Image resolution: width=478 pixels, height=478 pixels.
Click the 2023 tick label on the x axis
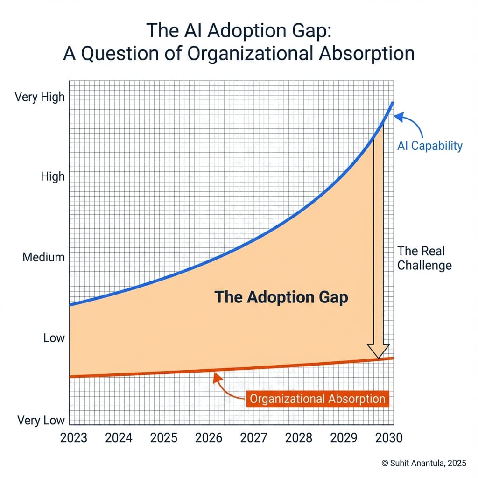click(x=74, y=438)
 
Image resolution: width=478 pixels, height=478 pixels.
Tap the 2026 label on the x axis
click(x=209, y=438)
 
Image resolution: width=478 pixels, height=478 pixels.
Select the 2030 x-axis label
click(x=388, y=438)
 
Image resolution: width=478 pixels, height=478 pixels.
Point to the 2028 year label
click(x=299, y=438)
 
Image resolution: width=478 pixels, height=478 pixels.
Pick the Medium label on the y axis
click(x=43, y=257)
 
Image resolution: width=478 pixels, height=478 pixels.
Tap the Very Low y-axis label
click(x=41, y=420)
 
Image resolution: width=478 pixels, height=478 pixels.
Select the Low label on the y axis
click(x=54, y=338)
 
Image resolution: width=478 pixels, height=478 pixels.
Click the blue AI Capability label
click(x=429, y=146)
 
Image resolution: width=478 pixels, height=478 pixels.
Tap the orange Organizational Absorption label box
click(x=317, y=399)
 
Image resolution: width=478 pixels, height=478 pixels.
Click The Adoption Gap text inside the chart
click(x=281, y=297)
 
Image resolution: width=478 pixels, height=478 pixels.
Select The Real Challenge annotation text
click(x=424, y=258)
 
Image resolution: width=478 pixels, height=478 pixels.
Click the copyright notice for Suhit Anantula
click(x=424, y=463)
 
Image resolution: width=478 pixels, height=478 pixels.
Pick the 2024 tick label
click(x=119, y=438)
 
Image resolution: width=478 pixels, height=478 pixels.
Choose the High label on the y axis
click(x=52, y=177)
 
